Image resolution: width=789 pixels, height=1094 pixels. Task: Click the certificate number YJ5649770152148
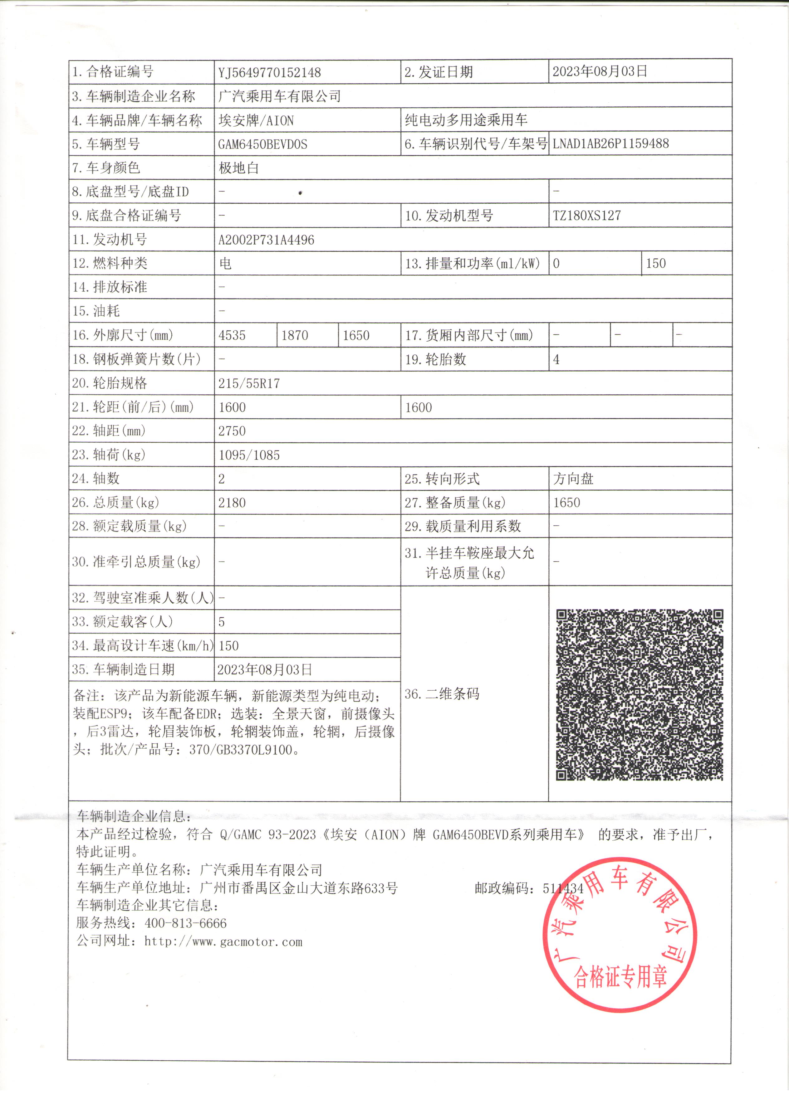pyautogui.click(x=269, y=72)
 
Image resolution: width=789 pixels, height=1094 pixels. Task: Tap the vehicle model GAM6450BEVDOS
pyautogui.click(x=262, y=144)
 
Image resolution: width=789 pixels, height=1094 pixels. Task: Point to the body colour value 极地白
pyautogui.click(x=239, y=168)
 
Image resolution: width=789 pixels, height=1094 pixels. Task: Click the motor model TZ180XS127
pyautogui.click(x=587, y=216)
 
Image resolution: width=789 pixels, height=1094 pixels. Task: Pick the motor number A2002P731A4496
pyautogui.click(x=266, y=240)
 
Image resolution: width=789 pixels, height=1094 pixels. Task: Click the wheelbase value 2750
pyautogui.click(x=232, y=431)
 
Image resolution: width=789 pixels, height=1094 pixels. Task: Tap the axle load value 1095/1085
pyautogui.click(x=249, y=455)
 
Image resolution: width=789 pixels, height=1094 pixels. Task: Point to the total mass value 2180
pyautogui.click(x=232, y=503)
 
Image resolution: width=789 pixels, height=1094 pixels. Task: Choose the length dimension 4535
pyautogui.click(x=232, y=335)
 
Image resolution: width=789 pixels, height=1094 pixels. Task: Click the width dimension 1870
pyautogui.click(x=294, y=335)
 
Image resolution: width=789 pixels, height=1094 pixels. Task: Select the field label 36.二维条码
pyautogui.click(x=442, y=694)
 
